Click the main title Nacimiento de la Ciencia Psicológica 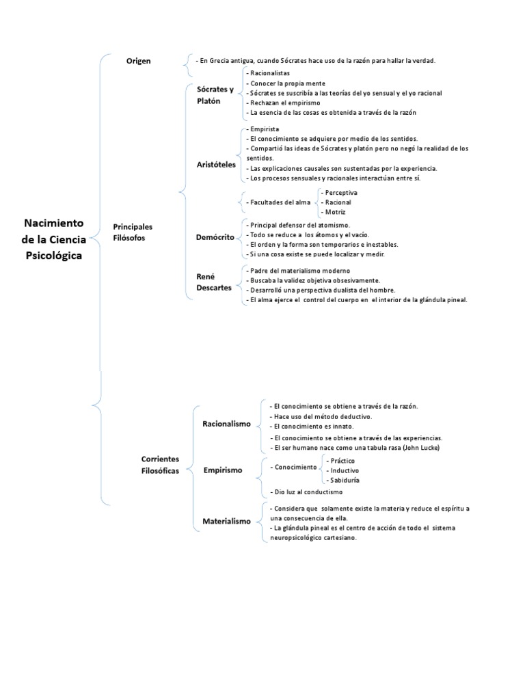pyautogui.click(x=54, y=239)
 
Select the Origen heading pyautogui.click(x=138, y=61)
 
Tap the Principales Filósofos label pyautogui.click(x=133, y=232)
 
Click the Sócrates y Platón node pyautogui.click(x=215, y=95)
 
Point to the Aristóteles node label pyautogui.click(x=215, y=164)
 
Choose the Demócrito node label pyautogui.click(x=215, y=237)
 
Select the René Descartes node pyautogui.click(x=214, y=282)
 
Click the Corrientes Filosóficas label pyautogui.click(x=160, y=465)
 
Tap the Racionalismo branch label pyautogui.click(x=226, y=424)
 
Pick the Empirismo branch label pyautogui.click(x=223, y=470)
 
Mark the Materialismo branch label pyautogui.click(x=226, y=521)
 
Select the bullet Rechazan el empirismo pyautogui.click(x=281, y=103)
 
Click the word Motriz pyautogui.click(x=335, y=212)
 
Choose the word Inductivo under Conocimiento pyautogui.click(x=345, y=470)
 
